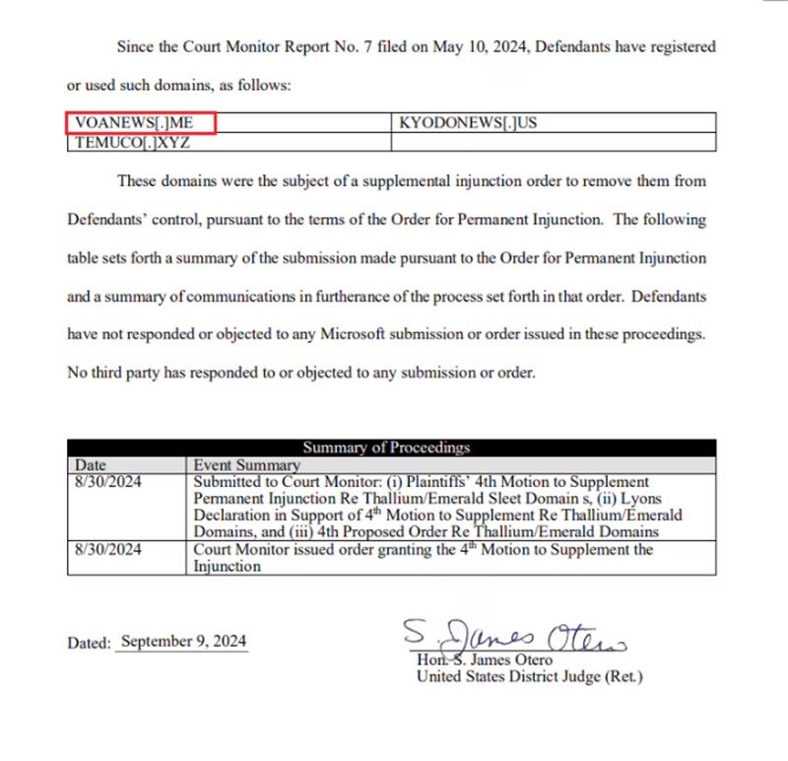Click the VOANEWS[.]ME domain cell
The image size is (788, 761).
pyautogui.click(x=140, y=123)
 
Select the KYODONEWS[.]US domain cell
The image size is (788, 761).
pyautogui.click(x=468, y=123)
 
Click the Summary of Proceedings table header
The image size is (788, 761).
pyautogui.click(x=386, y=448)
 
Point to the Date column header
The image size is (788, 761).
pyautogui.click(x=91, y=464)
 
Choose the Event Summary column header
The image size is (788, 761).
pyautogui.click(x=246, y=464)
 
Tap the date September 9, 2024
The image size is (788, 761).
pyautogui.click(x=181, y=642)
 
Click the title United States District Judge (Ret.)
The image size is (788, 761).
pyautogui.click(x=529, y=676)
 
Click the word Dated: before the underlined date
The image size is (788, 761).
pyautogui.click(x=89, y=643)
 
